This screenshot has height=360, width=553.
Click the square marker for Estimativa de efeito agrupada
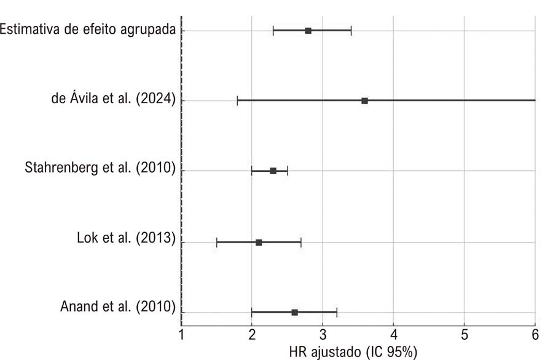[x=308, y=31]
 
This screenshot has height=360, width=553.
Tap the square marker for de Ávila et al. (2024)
[x=364, y=101]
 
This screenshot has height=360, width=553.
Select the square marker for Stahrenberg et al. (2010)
[x=273, y=171]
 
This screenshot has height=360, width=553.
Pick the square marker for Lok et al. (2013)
[x=259, y=243]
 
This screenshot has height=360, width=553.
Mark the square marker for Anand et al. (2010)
[x=294, y=313]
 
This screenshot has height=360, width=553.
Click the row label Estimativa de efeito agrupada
[x=87, y=29]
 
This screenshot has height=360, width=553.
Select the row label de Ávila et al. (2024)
[x=114, y=98]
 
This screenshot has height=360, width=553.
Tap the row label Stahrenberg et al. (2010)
[x=100, y=168]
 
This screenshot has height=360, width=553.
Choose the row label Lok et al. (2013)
[x=126, y=238]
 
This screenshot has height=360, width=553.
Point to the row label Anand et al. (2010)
[x=118, y=307]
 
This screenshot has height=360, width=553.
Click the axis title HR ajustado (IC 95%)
[x=353, y=352]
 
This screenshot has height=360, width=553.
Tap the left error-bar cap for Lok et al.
[x=216, y=243]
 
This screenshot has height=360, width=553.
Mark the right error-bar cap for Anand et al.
[x=337, y=313]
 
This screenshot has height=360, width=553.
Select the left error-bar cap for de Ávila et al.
[x=237, y=101]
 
